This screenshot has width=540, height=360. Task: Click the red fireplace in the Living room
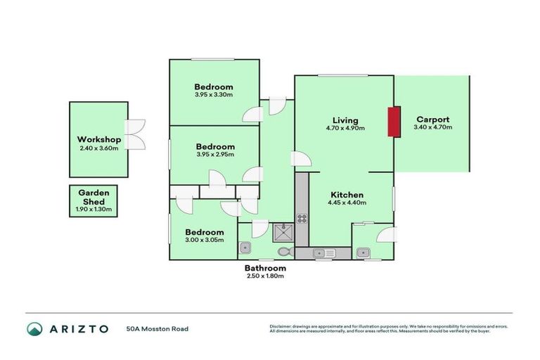[x=394, y=121]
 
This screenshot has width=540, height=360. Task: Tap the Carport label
[x=432, y=120]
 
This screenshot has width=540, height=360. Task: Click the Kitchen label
[x=347, y=195]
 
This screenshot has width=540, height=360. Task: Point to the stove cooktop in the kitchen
[x=302, y=218]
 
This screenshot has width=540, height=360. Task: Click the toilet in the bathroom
[x=284, y=251]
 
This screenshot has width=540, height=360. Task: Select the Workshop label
[x=98, y=140]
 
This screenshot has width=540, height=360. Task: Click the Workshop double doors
[x=134, y=134]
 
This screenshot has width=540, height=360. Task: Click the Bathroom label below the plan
[x=265, y=268]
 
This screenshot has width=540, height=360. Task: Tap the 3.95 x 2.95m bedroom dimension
[x=214, y=155]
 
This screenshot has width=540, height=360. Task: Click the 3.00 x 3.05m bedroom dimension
[x=205, y=240]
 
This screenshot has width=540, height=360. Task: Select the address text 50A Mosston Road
[x=157, y=328]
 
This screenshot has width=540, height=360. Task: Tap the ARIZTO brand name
[x=78, y=328]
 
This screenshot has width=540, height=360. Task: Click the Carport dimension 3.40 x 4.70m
[x=432, y=127]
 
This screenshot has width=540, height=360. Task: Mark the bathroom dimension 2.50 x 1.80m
[x=265, y=276]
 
